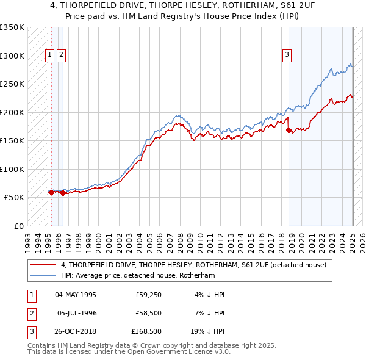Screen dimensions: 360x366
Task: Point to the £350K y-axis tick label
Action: click(x=12, y=27)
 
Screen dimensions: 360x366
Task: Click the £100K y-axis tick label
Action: click(x=12, y=169)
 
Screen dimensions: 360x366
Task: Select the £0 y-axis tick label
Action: click(x=20, y=226)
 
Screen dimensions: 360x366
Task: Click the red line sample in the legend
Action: click(x=43, y=265)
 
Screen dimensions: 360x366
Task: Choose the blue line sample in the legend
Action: click(x=43, y=275)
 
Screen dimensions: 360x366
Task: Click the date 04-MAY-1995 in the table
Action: click(x=76, y=294)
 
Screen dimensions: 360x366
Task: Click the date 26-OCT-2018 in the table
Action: click(x=76, y=332)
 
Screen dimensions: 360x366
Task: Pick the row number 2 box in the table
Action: click(x=31, y=313)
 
